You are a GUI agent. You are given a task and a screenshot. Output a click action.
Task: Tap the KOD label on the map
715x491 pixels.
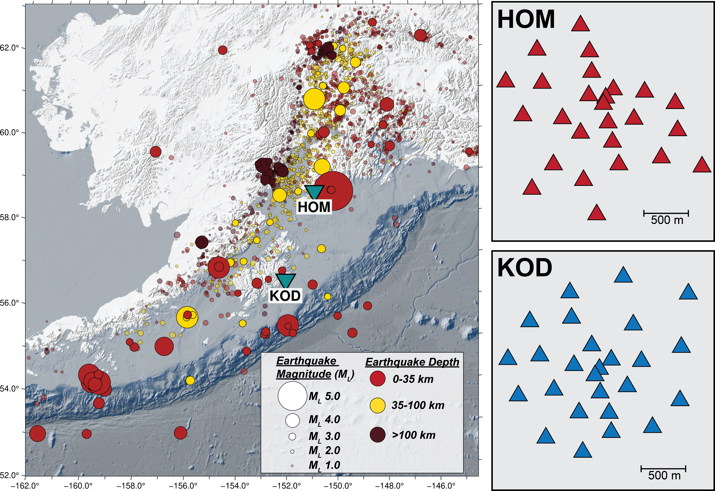285,296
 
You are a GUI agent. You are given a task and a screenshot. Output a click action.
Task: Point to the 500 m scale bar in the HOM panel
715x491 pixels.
666,213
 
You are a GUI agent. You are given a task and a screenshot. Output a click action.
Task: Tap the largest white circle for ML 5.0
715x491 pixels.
292,396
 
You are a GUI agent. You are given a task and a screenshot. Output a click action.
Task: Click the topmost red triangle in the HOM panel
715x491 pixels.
580,24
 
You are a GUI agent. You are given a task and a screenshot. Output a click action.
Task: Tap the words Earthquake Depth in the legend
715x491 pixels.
412,362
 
